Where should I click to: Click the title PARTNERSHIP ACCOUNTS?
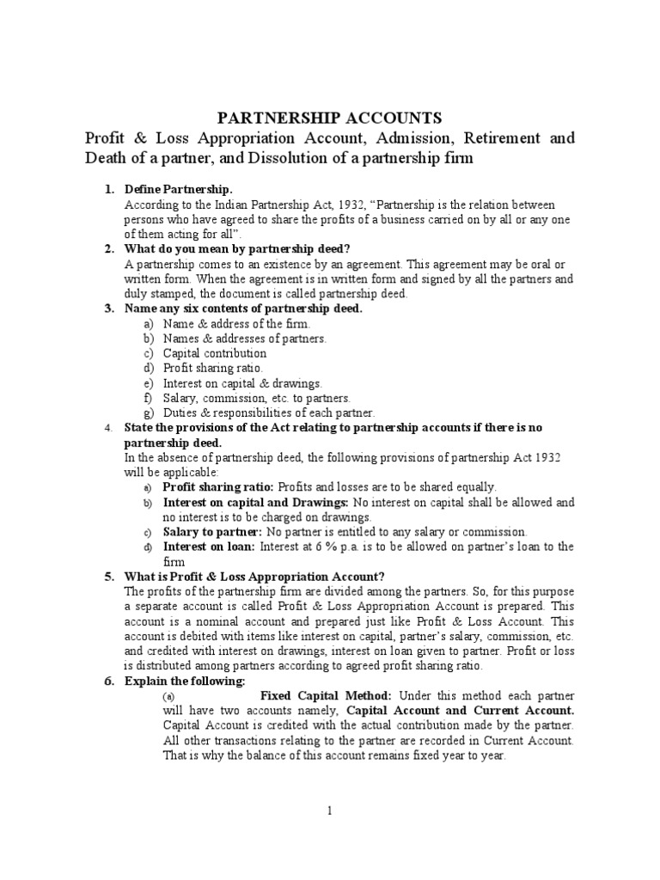(330, 118)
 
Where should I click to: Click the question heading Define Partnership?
(179, 189)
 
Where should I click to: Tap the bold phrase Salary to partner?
(212, 532)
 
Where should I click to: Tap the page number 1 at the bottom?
(329, 810)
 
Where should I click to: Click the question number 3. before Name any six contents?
(109, 309)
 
